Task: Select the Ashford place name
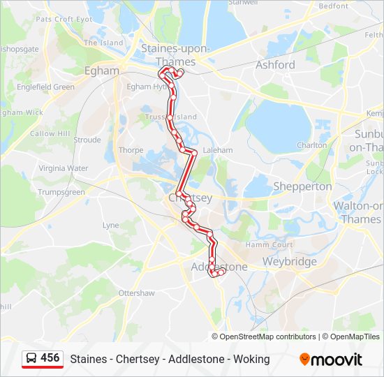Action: (x=275, y=65)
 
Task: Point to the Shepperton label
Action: (x=302, y=186)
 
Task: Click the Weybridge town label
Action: (x=289, y=262)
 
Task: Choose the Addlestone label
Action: (x=219, y=267)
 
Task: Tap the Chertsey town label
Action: (x=190, y=198)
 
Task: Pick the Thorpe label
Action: (x=131, y=150)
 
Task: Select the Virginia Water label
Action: (x=63, y=168)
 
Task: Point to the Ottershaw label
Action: (x=136, y=293)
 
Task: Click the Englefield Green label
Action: (x=46, y=87)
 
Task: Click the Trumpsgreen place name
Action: (x=61, y=192)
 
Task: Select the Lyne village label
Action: (x=111, y=226)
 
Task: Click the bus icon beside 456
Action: (x=31, y=359)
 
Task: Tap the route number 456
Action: (x=50, y=358)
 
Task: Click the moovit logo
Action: (x=331, y=360)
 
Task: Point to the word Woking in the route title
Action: (x=252, y=360)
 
